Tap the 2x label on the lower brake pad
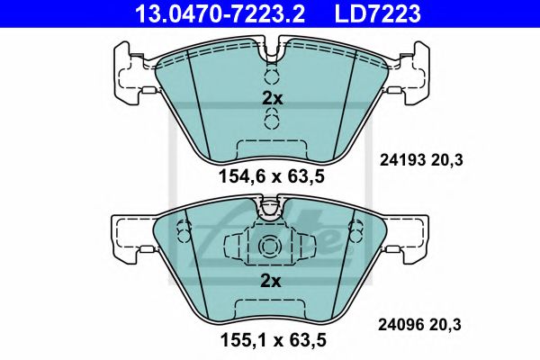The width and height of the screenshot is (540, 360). (x=272, y=281)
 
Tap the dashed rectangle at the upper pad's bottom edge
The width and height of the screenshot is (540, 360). (x=271, y=148)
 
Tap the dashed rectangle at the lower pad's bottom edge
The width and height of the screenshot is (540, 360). (x=271, y=310)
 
